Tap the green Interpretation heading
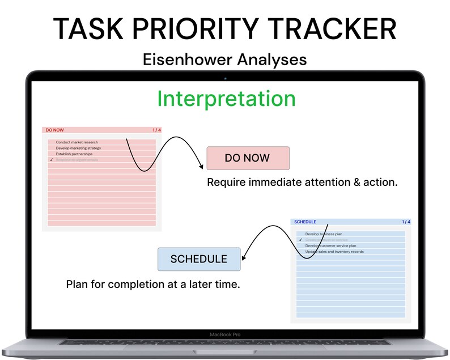[226, 99]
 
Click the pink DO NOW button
[248, 158]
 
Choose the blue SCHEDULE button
[198, 259]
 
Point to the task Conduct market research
[77, 142]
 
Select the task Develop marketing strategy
[78, 148]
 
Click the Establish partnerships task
[74, 154]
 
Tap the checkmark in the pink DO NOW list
[51, 160]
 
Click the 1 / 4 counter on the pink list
[156, 130]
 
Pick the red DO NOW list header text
[55, 130]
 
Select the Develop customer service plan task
[330, 246]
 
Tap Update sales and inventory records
[334, 252]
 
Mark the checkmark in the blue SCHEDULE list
[300, 240]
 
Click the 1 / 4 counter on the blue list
[406, 222]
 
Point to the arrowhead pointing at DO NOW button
[201, 166]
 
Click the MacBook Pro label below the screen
[225, 334]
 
